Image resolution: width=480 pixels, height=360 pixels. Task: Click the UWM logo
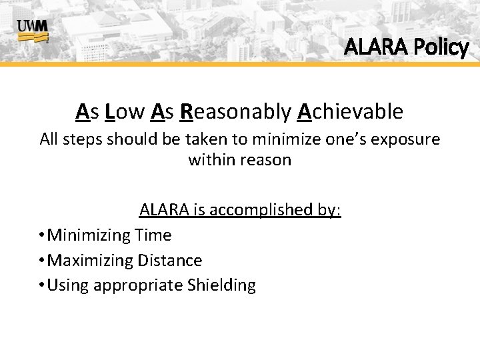click(33, 30)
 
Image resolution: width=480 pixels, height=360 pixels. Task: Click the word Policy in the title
click(441, 47)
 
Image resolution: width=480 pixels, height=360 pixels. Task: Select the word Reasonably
click(235, 112)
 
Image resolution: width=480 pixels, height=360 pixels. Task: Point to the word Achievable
click(350, 112)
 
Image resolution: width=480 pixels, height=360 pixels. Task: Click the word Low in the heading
click(125, 112)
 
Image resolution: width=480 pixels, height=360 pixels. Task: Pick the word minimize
click(294, 139)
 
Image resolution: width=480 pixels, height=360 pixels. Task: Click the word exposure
click(407, 139)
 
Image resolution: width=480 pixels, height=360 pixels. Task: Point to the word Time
click(154, 235)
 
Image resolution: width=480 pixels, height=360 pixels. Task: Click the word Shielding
click(221, 285)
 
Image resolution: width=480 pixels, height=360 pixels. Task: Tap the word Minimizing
click(91, 235)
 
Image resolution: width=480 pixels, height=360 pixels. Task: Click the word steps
click(85, 139)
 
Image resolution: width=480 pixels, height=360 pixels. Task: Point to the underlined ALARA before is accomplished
click(163, 211)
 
